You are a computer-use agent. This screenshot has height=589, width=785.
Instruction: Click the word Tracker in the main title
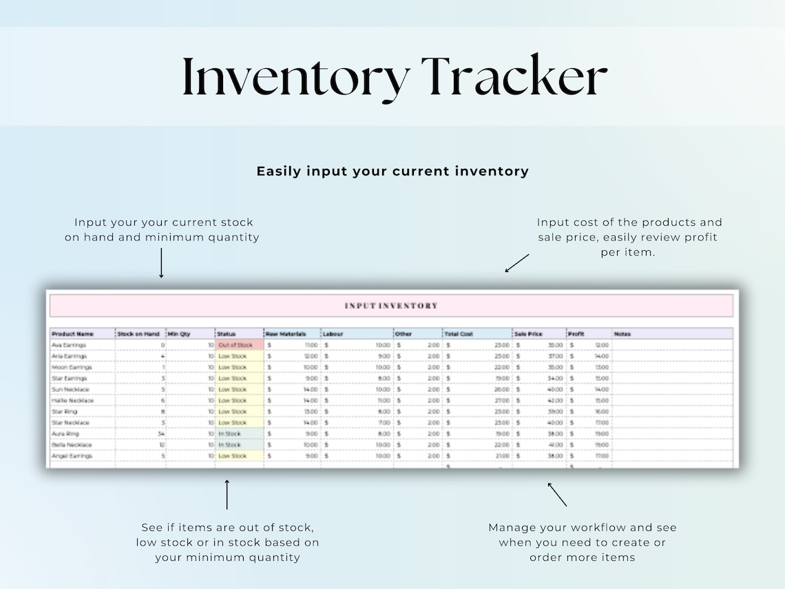point(514,77)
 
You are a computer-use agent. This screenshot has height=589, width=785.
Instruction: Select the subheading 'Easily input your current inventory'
point(392,172)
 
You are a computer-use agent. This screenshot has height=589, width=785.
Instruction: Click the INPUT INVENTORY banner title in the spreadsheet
point(391,306)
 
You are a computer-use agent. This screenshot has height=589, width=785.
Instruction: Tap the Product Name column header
point(73,334)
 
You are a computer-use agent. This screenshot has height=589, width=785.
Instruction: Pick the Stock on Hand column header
point(138,334)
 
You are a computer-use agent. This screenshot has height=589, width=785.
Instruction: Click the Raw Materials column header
point(285,334)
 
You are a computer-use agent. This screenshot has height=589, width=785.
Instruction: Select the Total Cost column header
point(459,334)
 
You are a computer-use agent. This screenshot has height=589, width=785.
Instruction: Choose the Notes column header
point(622,334)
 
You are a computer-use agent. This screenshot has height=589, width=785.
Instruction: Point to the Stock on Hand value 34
point(160,434)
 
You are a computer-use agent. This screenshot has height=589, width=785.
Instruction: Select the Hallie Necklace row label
point(72,400)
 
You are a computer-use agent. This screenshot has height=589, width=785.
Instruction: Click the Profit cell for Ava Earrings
point(589,345)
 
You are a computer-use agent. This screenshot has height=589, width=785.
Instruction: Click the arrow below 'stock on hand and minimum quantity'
point(161,263)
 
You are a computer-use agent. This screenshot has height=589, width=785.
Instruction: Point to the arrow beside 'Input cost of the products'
point(517,262)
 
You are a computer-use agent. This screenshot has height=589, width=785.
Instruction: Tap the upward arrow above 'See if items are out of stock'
point(227,495)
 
